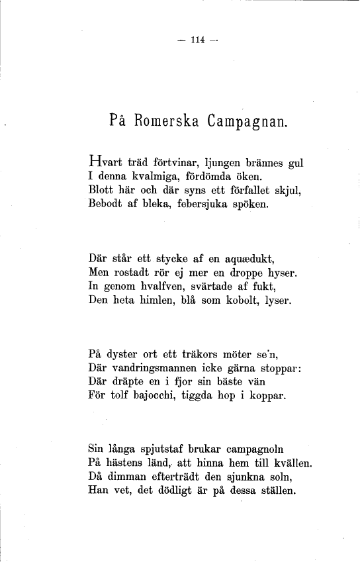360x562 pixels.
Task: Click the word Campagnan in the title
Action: [x=247, y=122]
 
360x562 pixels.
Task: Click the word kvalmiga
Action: [x=154, y=177]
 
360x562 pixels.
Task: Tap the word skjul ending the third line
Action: [x=287, y=191]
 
